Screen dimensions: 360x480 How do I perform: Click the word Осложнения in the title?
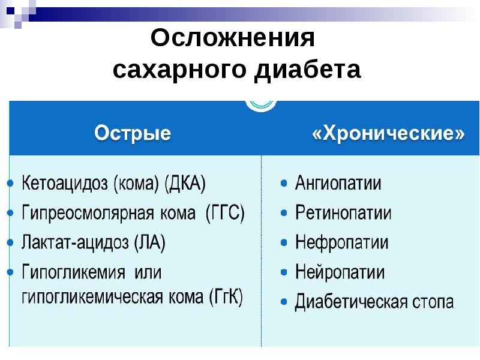pos(233,39)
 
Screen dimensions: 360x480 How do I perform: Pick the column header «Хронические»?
pos(388,133)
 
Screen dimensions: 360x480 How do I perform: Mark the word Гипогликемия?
pos(74,272)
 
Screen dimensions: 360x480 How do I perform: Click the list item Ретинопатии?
pos(343,212)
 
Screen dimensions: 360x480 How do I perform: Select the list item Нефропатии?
pos(341,242)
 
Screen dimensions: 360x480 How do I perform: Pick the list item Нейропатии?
pos(340,272)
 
